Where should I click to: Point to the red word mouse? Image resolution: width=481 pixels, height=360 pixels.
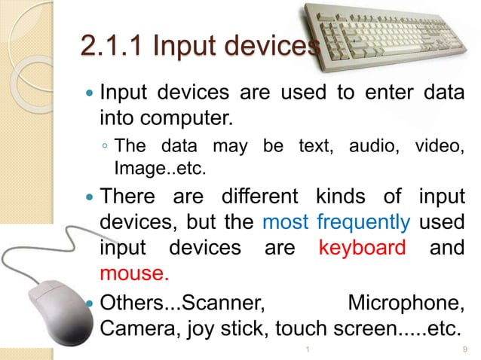click(x=132, y=273)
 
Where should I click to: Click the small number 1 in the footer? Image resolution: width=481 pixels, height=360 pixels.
click(x=309, y=350)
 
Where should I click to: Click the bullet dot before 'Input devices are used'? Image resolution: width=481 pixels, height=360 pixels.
click(x=88, y=95)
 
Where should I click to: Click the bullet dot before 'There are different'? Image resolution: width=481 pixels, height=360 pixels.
click(x=88, y=200)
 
